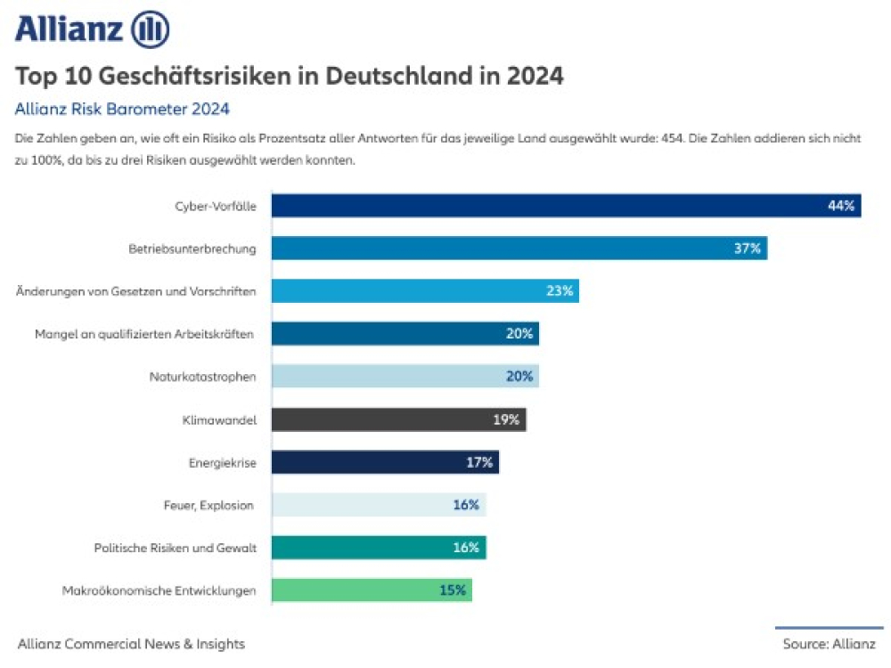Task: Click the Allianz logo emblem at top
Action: pos(150,30)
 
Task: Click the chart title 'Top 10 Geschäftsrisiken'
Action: pos(290,77)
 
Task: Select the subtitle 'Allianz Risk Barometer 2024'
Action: pos(123,110)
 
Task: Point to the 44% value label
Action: pos(840,206)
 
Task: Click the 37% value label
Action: pos(747,248)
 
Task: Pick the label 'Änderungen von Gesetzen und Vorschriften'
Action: pos(136,291)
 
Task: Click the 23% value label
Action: pos(560,291)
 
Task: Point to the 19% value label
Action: pos(506,420)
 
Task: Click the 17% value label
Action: pos(479,462)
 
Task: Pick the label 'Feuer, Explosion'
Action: pos(209,505)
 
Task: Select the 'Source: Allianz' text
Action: pos(829,644)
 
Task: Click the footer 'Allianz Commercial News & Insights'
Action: pos(131,644)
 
